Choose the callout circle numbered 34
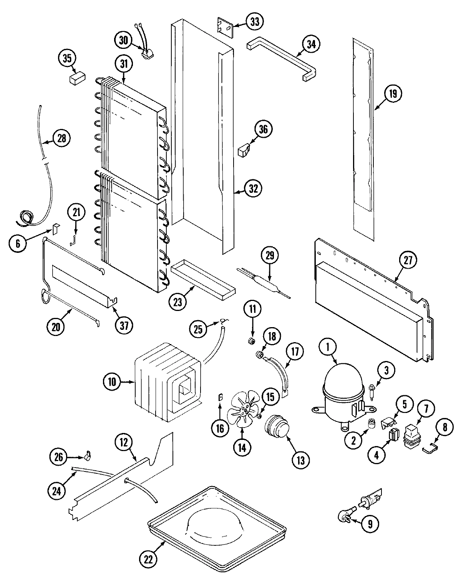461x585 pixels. tap(311, 45)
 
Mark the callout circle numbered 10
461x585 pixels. tap(112, 382)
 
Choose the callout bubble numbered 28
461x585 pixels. tap(61, 138)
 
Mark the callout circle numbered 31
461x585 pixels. tap(123, 65)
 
